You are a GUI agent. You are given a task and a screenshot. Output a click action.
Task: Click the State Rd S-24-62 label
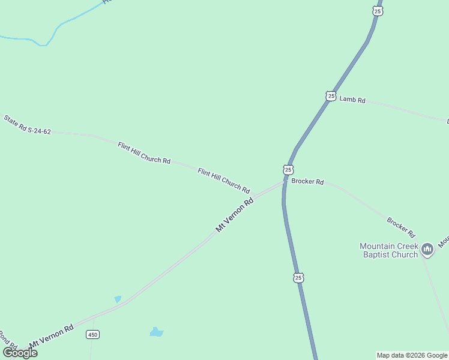click(27, 124)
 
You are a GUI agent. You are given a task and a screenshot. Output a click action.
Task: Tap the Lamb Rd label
click(352, 100)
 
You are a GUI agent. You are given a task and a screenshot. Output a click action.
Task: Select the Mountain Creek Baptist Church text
click(388, 250)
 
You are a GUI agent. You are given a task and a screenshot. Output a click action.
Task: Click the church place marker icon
click(427, 249)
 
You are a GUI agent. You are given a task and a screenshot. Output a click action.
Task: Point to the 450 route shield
click(92, 334)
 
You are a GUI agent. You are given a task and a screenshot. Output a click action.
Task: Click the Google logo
click(20, 353)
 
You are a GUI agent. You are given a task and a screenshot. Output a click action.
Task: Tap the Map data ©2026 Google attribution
click(412, 355)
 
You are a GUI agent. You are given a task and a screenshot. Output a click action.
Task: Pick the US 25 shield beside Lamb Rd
click(331, 96)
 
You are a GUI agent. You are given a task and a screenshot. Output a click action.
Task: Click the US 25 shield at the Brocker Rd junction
click(288, 170)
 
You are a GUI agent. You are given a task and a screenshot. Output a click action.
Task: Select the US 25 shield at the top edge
click(377, 11)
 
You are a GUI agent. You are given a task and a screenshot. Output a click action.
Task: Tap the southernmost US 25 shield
click(298, 277)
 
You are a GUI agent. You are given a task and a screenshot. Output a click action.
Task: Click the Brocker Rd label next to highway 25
click(307, 181)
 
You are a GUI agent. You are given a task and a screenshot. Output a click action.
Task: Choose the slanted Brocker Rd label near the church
click(401, 227)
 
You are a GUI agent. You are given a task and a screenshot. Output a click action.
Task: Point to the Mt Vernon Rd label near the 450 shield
click(51, 337)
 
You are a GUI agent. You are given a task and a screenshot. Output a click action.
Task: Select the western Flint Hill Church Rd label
click(144, 153)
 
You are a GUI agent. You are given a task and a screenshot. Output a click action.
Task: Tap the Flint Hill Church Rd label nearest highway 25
click(224, 181)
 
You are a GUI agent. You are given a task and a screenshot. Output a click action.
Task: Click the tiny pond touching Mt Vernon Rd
click(118, 299)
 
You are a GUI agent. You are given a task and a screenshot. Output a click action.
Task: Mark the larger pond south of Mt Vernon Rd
click(156, 332)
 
